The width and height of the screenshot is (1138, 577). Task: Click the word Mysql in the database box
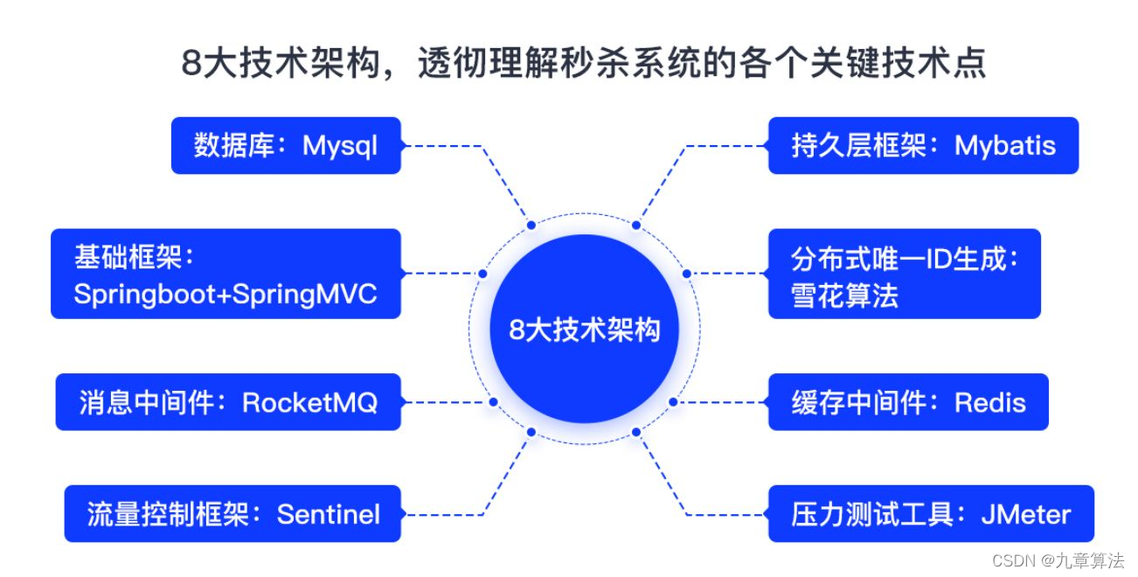[x=340, y=146]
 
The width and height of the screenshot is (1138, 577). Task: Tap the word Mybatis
[x=1005, y=146]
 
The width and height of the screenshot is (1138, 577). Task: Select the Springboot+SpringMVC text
[x=226, y=294]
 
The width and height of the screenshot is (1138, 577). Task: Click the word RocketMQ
[x=309, y=403]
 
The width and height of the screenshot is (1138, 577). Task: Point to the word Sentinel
[x=329, y=514]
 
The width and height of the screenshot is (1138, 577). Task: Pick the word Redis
[x=989, y=403]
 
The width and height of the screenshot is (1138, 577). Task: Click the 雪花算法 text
[x=832, y=295]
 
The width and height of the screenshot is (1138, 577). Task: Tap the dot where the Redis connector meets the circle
[x=673, y=402]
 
